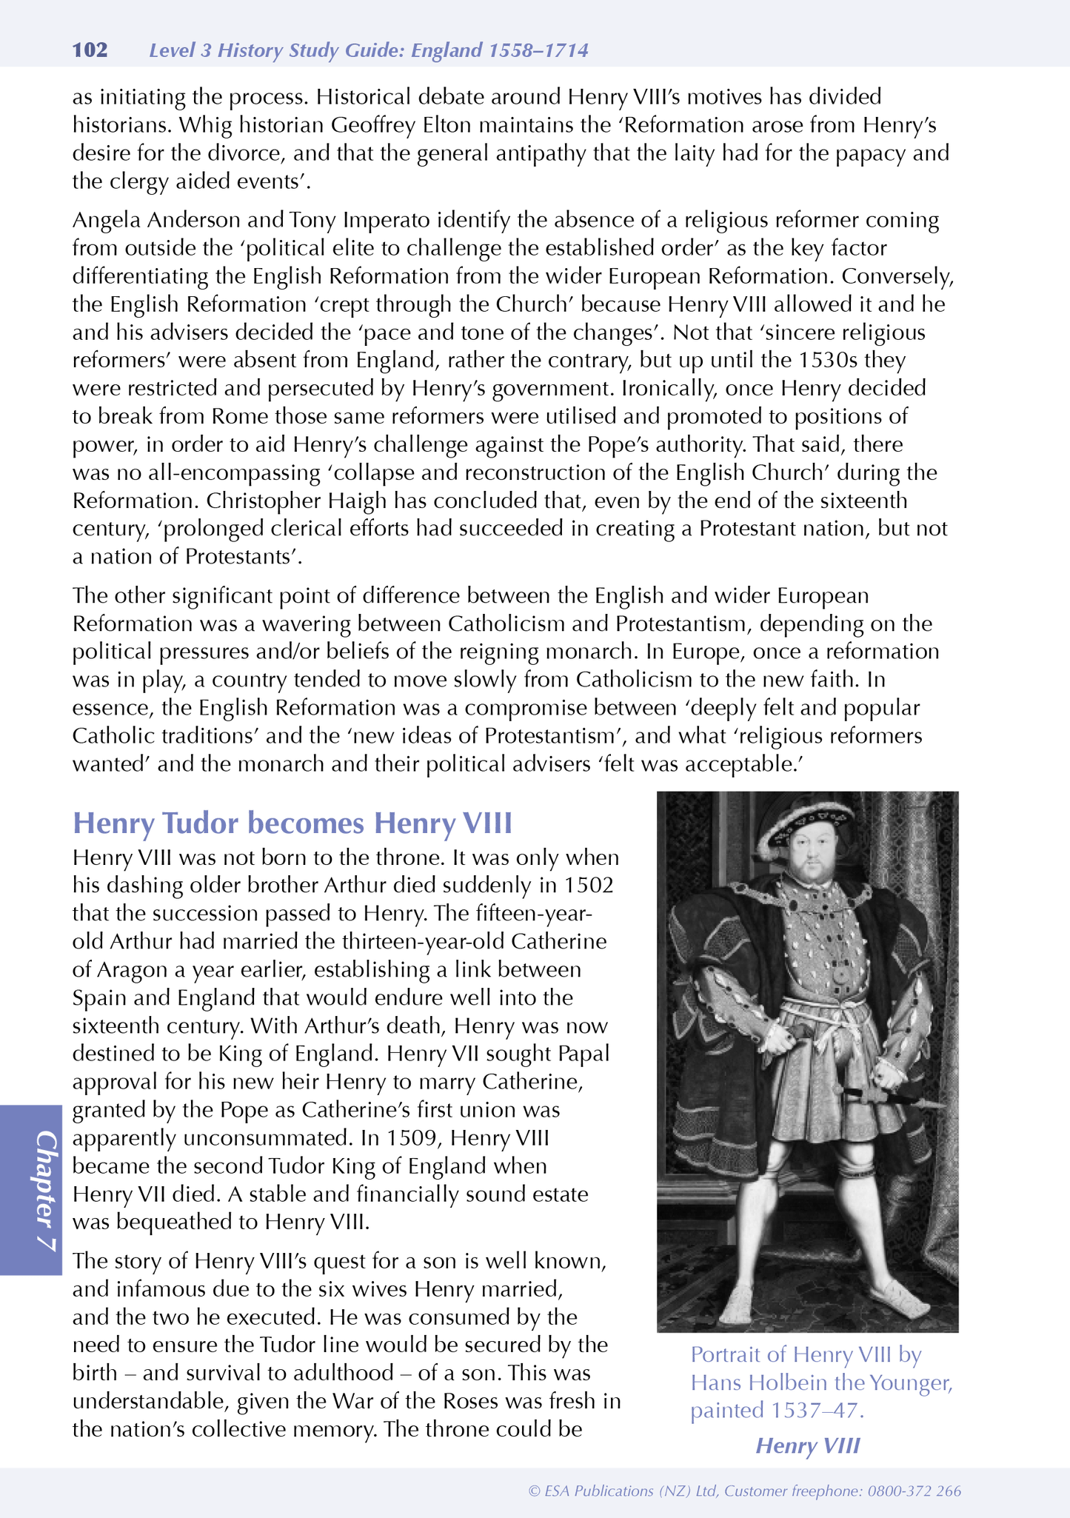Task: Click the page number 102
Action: [x=90, y=50]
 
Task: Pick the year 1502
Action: [x=589, y=886]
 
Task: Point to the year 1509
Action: [x=401, y=1138]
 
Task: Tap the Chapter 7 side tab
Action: [x=31, y=1191]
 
